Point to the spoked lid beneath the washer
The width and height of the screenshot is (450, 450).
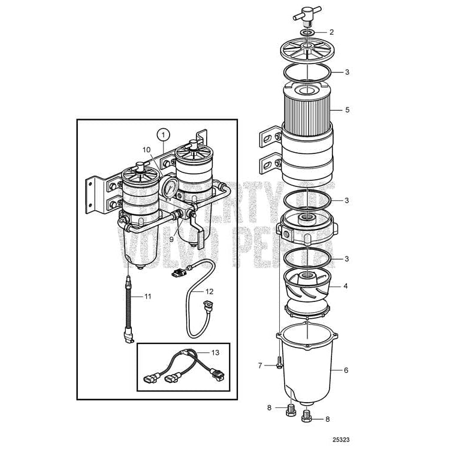coord(307,50)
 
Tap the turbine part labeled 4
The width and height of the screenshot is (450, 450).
coord(307,287)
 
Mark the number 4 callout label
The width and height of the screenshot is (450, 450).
coord(346,286)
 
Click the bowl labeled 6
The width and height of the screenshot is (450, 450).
coord(307,366)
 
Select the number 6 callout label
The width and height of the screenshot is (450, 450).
coord(346,370)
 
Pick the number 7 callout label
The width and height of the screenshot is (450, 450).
coord(260,365)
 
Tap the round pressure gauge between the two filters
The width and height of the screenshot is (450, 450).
coord(169,187)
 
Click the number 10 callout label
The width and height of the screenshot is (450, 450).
coord(147,149)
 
